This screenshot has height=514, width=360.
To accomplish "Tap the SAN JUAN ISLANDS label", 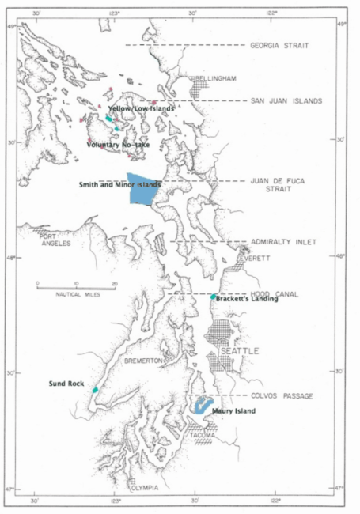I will click(x=286, y=101).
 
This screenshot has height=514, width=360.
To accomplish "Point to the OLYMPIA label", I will click(x=145, y=488).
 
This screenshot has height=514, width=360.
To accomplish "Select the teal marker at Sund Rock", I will click(x=95, y=390).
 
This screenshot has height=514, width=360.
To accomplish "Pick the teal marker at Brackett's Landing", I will click(x=214, y=297).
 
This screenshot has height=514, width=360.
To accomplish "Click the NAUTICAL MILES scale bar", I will click(x=76, y=282).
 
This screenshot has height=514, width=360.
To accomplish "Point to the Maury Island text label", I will click(x=233, y=411).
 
